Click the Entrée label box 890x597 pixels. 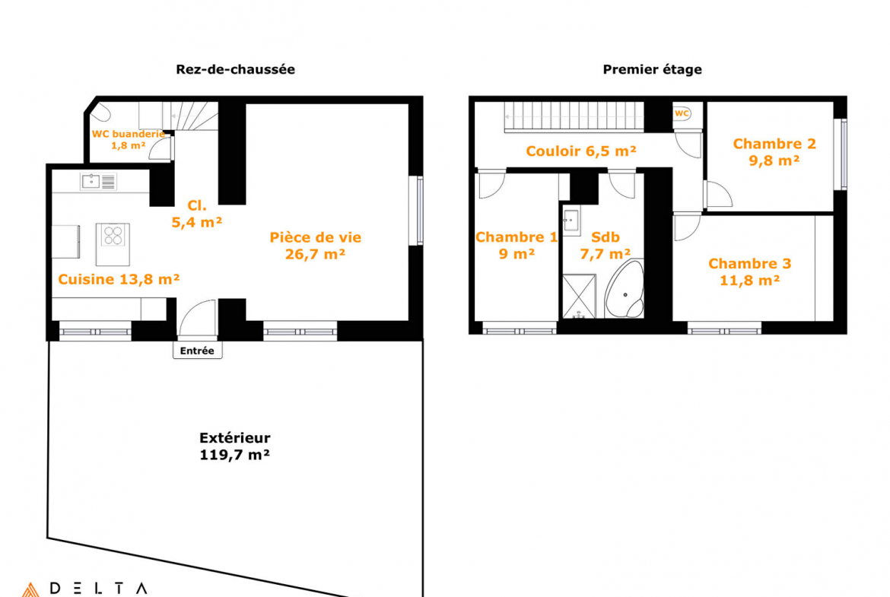(x=198, y=351)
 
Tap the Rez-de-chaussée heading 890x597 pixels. (x=235, y=69)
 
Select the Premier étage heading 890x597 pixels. (x=652, y=69)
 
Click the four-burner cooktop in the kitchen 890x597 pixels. (x=113, y=235)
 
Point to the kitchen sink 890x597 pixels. (x=98, y=182)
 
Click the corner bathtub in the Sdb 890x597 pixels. (x=625, y=290)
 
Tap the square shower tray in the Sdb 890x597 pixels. (x=579, y=297)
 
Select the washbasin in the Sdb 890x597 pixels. (x=571, y=221)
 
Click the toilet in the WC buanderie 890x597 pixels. (x=100, y=112)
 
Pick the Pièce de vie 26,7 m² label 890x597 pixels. (x=316, y=245)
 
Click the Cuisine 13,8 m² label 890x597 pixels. (x=119, y=279)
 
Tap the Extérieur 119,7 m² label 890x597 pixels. (x=234, y=446)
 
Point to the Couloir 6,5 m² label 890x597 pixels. (x=581, y=151)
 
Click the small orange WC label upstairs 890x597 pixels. (x=682, y=113)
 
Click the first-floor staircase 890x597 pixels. (x=574, y=117)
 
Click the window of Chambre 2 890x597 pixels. (x=844, y=154)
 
